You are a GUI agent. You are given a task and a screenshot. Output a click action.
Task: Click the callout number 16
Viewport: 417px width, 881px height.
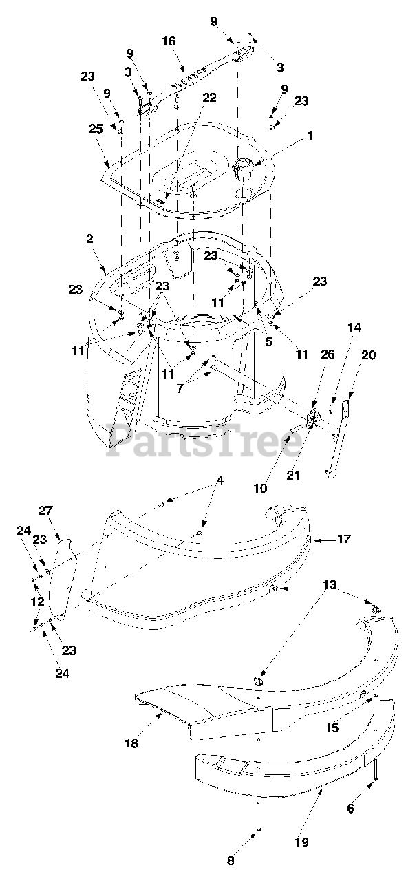pyautogui.click(x=169, y=42)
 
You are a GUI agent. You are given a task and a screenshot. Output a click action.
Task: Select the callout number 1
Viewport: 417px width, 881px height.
pyautogui.click(x=310, y=136)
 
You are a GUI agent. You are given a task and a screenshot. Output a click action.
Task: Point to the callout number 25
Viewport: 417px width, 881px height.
pyautogui.click(x=94, y=129)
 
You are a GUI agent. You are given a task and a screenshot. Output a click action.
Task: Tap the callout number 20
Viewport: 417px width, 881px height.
pyautogui.click(x=369, y=355)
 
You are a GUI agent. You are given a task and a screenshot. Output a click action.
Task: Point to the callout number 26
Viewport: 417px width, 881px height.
pyautogui.click(x=328, y=355)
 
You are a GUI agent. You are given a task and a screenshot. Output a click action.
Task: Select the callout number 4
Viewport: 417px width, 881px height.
pyautogui.click(x=219, y=481)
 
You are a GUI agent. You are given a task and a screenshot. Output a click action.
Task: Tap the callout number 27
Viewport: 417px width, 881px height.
pyautogui.click(x=45, y=510)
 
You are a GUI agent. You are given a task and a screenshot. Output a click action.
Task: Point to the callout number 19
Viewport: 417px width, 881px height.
pyautogui.click(x=303, y=841)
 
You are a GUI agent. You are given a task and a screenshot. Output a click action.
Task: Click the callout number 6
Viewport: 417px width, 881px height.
pyautogui.click(x=351, y=809)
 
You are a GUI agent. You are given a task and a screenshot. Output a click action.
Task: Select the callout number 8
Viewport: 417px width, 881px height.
pyautogui.click(x=231, y=860)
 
